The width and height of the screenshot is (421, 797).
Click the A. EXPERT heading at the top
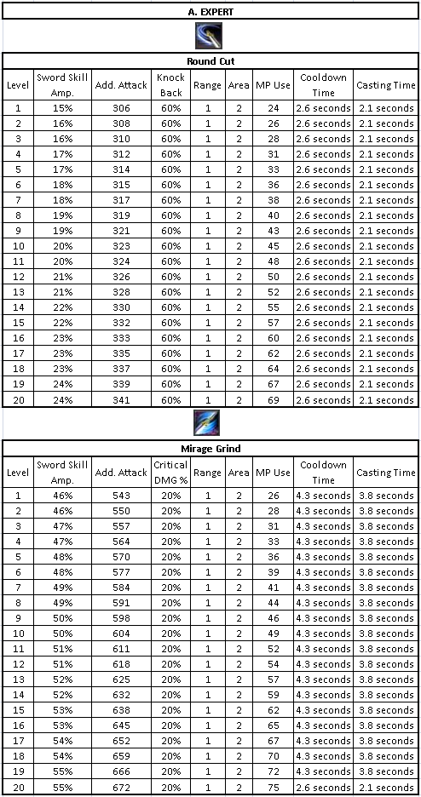click(x=210, y=11)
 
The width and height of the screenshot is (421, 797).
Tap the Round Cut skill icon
click(x=210, y=37)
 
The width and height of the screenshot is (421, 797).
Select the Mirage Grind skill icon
click(x=210, y=423)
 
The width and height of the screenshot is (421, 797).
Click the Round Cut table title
click(x=210, y=61)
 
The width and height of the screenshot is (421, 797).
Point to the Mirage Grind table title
click(x=210, y=448)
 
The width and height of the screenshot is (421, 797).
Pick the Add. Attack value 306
click(x=120, y=108)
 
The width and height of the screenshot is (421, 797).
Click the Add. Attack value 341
click(x=120, y=400)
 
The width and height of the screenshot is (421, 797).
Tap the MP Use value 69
click(x=273, y=400)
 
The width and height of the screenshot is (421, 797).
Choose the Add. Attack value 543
click(x=120, y=496)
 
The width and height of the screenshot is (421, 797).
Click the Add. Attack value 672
click(x=120, y=788)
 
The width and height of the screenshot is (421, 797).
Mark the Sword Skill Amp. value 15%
click(x=63, y=108)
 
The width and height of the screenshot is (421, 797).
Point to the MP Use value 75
click(x=273, y=788)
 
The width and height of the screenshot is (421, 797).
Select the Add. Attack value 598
click(x=120, y=618)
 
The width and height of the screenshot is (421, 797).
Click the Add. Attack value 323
click(x=120, y=246)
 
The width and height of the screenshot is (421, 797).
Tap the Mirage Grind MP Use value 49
click(x=273, y=634)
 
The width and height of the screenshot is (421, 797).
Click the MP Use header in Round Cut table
click(x=273, y=85)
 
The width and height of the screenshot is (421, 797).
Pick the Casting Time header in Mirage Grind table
click(x=386, y=473)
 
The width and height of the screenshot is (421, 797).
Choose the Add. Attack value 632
click(x=120, y=695)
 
